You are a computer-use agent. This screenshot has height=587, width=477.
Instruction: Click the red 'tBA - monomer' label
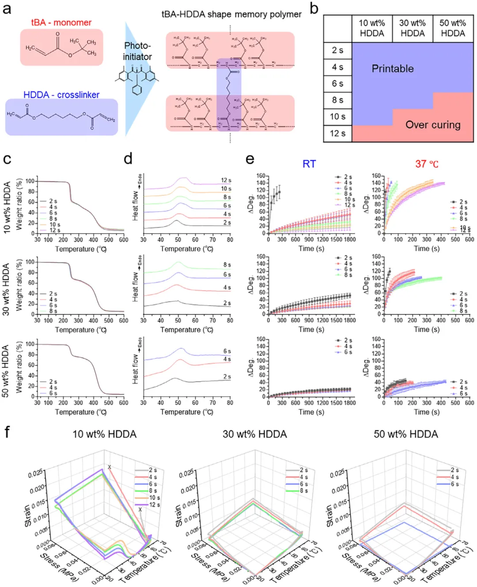point(61,23)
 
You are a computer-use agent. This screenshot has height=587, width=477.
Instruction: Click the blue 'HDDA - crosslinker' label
point(61,95)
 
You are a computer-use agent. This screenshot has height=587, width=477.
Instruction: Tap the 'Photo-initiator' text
point(137,51)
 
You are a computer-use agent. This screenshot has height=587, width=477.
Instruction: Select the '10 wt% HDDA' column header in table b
point(372,28)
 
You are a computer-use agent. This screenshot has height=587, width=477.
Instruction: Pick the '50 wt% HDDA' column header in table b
point(453,28)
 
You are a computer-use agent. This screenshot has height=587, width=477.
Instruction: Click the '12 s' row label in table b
point(337,133)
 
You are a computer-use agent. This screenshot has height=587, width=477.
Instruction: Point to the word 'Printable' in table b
point(393,69)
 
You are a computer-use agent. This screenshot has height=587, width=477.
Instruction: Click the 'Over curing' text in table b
point(433,125)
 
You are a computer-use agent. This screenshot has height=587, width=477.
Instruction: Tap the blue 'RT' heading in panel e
point(309,164)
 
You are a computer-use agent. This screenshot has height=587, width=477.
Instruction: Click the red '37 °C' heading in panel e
point(427,164)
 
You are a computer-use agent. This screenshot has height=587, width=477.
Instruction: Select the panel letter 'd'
point(128,159)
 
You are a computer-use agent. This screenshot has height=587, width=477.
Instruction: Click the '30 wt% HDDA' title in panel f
point(255,434)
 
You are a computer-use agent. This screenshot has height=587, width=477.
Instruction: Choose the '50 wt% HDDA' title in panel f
point(406,434)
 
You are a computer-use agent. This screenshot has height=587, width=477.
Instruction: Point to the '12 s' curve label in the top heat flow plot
point(226,180)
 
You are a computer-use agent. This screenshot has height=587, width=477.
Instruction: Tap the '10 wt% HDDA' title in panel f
point(105,434)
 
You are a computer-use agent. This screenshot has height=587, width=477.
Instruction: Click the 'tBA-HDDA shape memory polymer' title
point(231,14)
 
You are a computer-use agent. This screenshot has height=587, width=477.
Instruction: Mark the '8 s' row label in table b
point(337,100)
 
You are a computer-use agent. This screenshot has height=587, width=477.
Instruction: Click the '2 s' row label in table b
point(337,50)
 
